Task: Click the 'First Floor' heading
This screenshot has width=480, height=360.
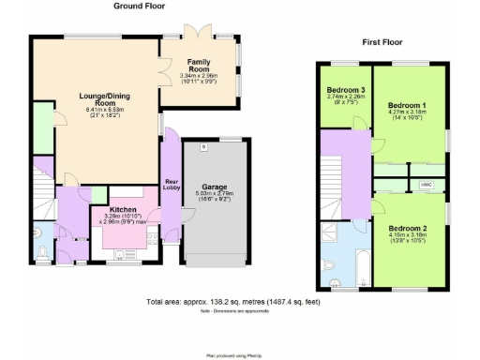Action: click(x=383, y=42)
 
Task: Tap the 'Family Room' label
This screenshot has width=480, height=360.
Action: click(x=199, y=67)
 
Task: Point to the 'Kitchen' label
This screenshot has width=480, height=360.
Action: click(x=124, y=210)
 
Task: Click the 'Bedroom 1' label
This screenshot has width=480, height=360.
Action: click(x=407, y=104)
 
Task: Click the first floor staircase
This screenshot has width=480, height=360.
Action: click(x=331, y=173)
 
